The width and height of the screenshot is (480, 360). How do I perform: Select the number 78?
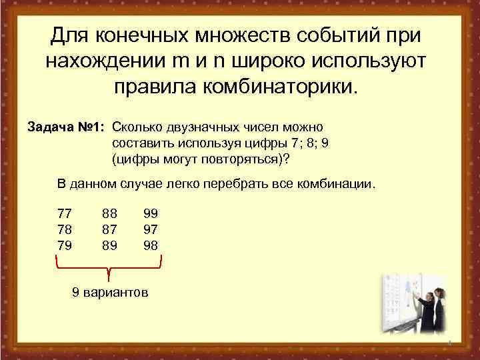click(65, 229)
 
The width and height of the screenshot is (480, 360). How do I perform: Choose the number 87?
click(109, 229)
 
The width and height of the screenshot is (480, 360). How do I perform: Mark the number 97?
click(151, 229)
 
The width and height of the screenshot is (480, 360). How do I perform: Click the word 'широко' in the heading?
click(265, 61)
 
